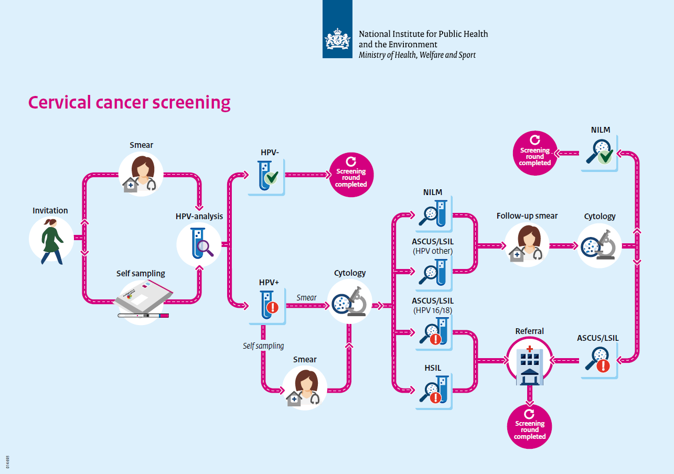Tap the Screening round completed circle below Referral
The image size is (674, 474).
pos(530,426)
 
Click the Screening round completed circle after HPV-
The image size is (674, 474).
pos(351,174)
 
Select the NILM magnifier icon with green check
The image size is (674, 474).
pos(599,153)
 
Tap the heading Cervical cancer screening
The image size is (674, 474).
pos(129,102)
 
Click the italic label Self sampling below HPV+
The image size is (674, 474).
pos(263,346)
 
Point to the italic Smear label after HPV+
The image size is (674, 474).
pos(306,298)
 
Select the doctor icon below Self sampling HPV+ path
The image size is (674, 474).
pos(304,389)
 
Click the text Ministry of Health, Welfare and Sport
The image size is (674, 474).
pos(417,55)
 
